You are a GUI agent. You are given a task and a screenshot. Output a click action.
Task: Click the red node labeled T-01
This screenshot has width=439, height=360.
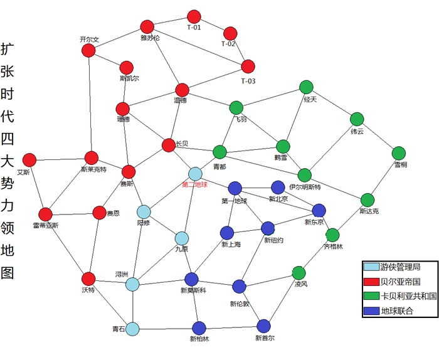(x=194, y=16)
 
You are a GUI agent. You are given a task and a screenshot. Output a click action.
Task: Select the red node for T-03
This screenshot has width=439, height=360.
(x=248, y=66)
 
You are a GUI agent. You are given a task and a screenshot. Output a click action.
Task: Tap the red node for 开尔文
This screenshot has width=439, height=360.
(x=88, y=51)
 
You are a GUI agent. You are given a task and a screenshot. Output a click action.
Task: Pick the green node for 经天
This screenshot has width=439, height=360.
(x=306, y=87)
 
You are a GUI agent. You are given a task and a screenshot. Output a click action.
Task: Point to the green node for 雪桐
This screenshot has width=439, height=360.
(x=399, y=153)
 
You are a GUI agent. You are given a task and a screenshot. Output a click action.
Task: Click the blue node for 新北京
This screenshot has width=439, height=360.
(x=278, y=188)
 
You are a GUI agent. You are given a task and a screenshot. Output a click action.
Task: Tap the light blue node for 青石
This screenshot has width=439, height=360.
(x=132, y=327)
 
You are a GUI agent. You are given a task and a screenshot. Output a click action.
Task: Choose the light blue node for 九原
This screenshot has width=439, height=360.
(x=182, y=238)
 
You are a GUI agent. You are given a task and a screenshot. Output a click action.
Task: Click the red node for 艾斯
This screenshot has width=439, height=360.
(x=29, y=160)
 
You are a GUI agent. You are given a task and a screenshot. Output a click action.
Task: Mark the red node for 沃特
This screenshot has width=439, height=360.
(x=88, y=278)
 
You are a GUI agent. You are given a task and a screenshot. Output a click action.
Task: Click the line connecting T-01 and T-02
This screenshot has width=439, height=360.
(x=212, y=24)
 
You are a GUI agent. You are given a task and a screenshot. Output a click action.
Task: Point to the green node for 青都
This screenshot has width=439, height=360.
(x=219, y=152)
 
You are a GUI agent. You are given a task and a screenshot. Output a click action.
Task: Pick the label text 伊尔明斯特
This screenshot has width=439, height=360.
(x=305, y=187)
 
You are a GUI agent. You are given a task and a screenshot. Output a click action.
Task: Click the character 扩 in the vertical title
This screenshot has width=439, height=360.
(x=9, y=49)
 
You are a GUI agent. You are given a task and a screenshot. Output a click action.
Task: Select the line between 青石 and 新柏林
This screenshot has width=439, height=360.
(x=166, y=327)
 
